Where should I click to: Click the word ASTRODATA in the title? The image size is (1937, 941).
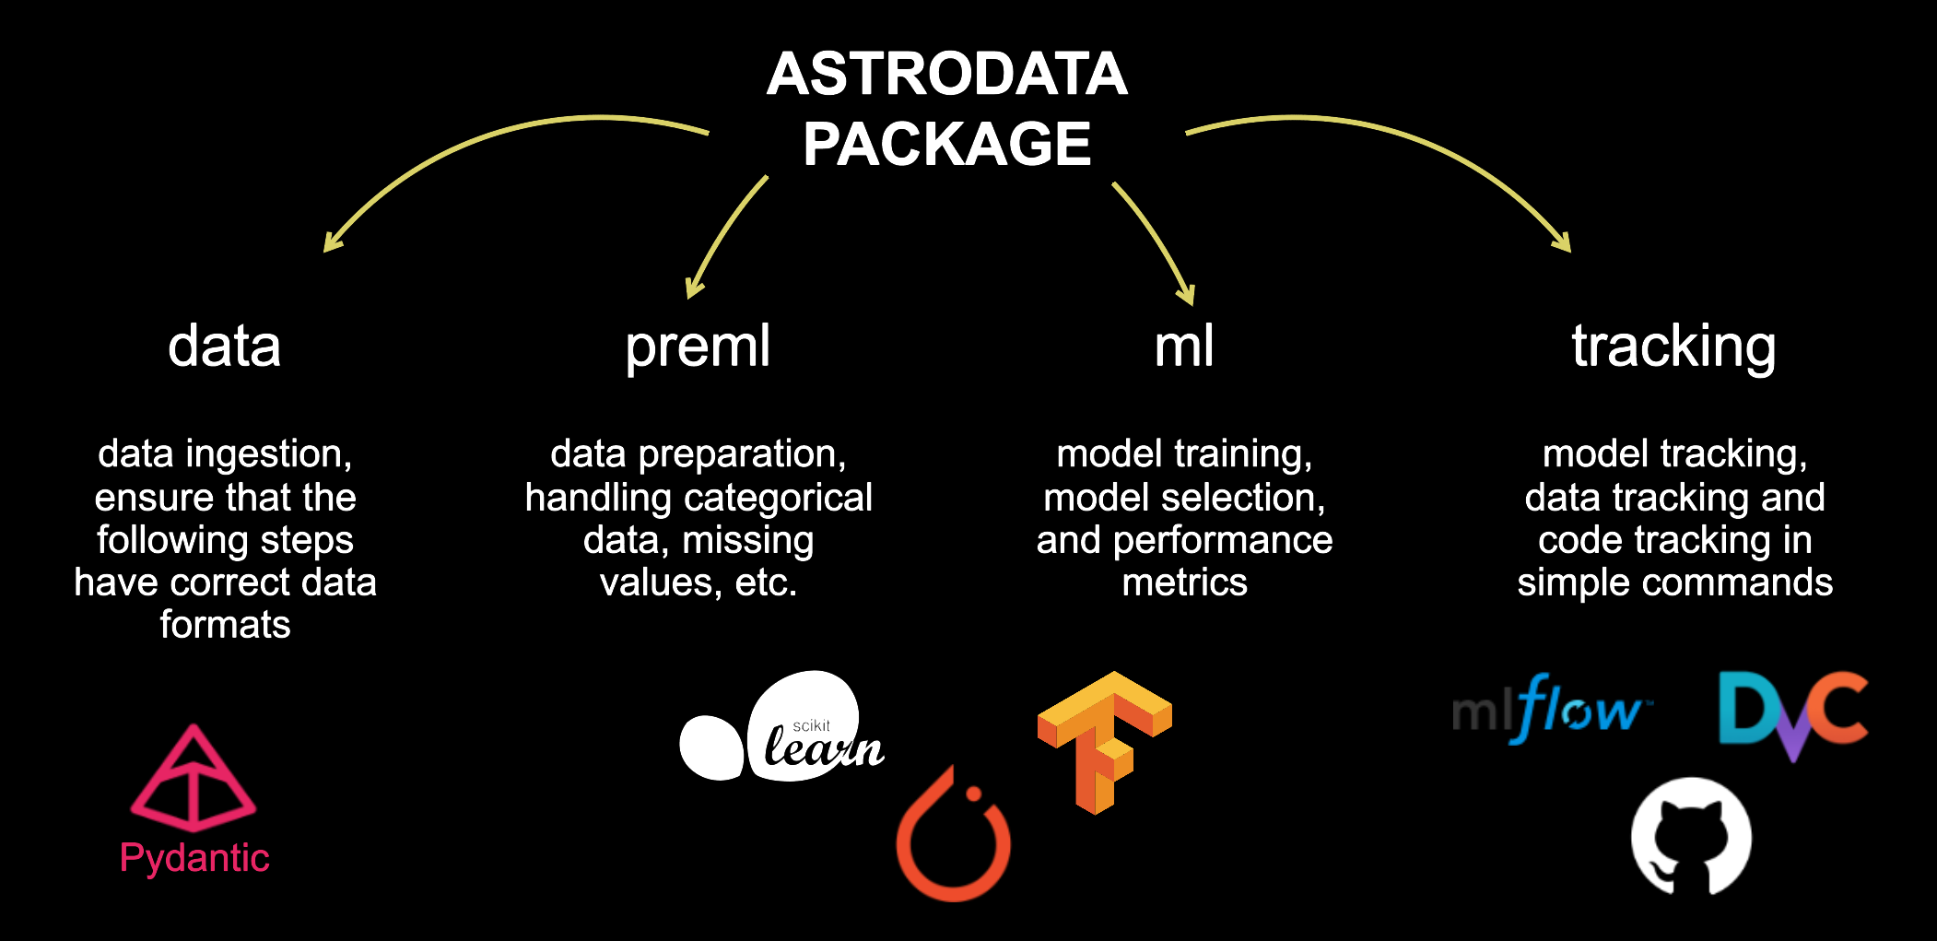click(x=947, y=74)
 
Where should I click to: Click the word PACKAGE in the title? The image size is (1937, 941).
click(x=947, y=144)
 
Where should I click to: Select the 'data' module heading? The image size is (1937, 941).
click(x=224, y=347)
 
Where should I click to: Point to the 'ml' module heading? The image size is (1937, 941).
click(x=1184, y=347)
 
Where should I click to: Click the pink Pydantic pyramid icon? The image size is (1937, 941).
click(x=194, y=779)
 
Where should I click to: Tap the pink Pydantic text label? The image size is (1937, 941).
click(x=194, y=859)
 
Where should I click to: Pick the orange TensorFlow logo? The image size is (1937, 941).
click(x=1104, y=742)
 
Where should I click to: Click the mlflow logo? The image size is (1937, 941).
click(x=1552, y=710)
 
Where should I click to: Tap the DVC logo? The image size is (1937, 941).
click(x=1793, y=715)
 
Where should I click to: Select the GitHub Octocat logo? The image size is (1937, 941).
click(x=1691, y=837)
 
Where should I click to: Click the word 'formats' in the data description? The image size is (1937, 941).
click(x=225, y=625)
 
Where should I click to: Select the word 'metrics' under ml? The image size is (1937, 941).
click(x=1184, y=582)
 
